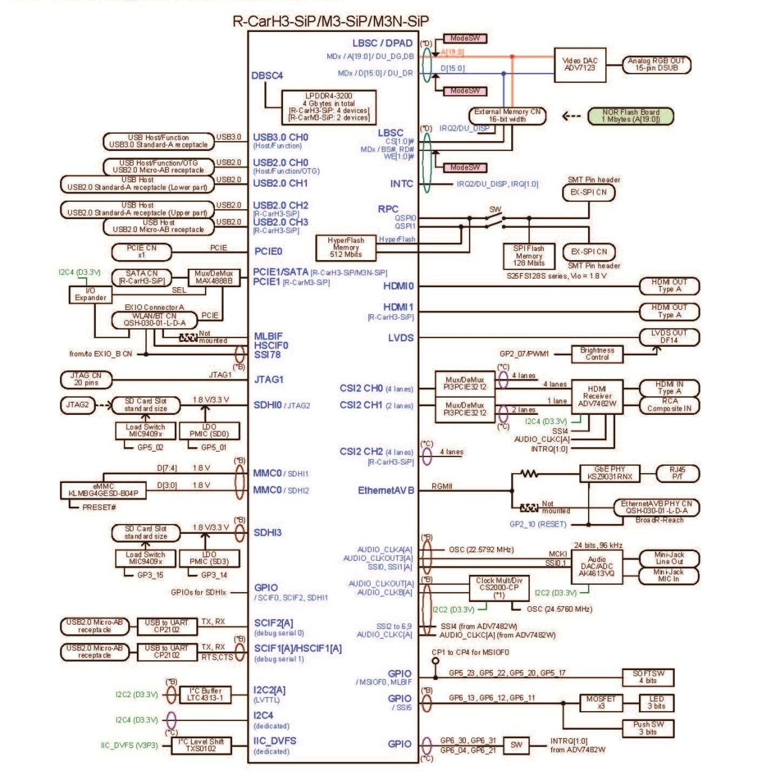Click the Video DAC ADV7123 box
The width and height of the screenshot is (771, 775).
[579, 64]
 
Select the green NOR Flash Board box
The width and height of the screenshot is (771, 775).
[630, 116]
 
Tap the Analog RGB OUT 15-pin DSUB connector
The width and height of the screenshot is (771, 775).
[656, 64]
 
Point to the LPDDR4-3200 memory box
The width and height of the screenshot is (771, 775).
[328, 107]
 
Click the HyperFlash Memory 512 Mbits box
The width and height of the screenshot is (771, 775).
[346, 247]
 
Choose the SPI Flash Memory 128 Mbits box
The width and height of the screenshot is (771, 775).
[529, 255]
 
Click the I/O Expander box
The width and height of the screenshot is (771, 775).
[90, 294]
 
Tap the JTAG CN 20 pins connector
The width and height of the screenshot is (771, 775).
[87, 379]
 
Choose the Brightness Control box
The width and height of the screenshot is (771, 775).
[597, 353]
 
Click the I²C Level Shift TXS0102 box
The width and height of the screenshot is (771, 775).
[201, 745]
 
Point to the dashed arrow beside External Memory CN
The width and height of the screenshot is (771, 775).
[571, 116]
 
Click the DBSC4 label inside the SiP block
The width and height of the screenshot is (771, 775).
[267, 76]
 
